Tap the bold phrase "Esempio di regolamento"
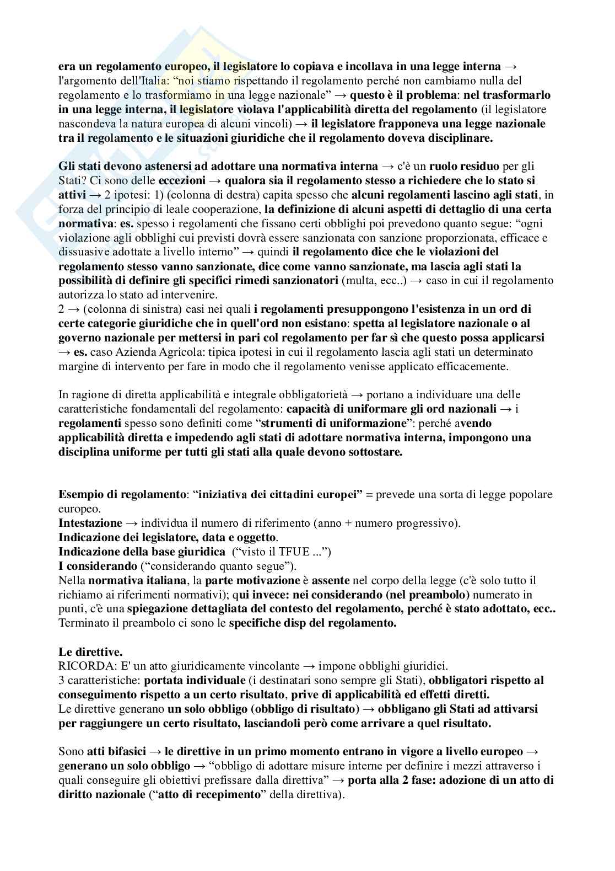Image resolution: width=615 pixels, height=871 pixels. tap(121, 494)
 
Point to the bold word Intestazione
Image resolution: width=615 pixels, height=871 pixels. tap(90, 523)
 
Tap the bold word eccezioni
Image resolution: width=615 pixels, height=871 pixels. tap(182, 180)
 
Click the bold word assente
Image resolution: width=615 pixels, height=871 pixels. tap(331, 580)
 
